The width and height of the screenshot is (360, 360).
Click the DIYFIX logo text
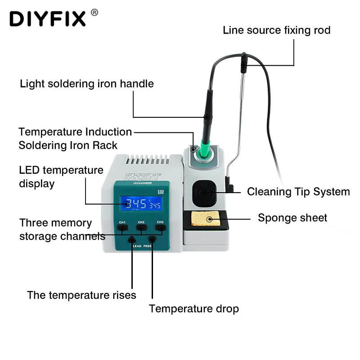[47, 18]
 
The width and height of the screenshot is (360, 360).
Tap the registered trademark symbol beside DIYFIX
[94, 12]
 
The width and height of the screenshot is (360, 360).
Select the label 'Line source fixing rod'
[277, 30]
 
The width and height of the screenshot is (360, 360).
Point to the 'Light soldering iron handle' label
[87, 84]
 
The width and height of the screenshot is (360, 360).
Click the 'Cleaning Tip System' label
[298, 192]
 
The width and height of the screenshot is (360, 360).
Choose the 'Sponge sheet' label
[292, 218]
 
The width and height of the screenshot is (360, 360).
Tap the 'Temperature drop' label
[194, 309]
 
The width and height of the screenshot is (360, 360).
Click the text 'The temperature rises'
[81, 295]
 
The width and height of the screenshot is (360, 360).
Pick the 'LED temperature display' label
[61, 177]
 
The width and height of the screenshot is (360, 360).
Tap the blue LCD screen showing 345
[140, 204]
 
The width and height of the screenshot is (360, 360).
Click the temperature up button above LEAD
[132, 240]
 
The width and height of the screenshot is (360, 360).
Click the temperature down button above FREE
[152, 240]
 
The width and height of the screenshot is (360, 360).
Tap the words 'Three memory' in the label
[55, 223]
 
